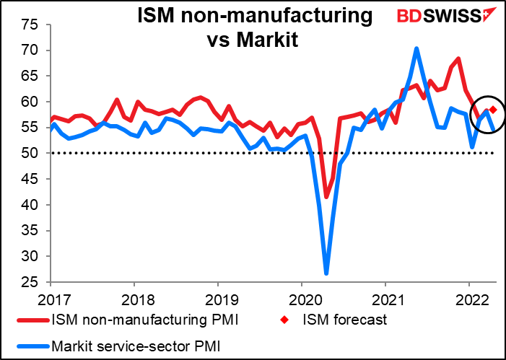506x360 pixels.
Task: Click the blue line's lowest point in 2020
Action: (x=326, y=273)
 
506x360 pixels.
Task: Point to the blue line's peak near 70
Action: (x=417, y=49)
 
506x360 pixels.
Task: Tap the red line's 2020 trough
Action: (x=326, y=197)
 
